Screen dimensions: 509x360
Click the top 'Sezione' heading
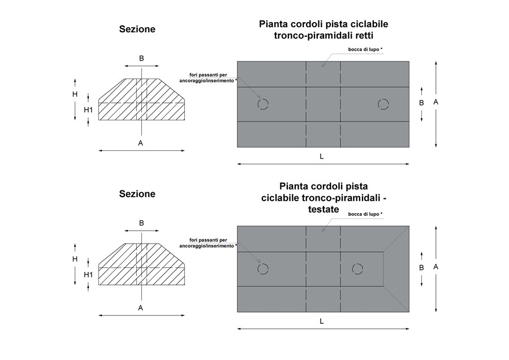tap(137, 29)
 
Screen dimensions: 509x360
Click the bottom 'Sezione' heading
tap(137, 194)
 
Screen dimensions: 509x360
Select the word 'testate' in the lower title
tap(323, 209)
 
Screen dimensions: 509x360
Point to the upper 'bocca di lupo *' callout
tap(365, 50)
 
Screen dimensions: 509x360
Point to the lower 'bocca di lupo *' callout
tap(365, 214)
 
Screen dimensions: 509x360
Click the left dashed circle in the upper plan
tap(263, 104)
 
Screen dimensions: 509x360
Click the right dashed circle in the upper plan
tap(383, 104)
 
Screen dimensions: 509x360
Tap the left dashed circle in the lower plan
tap(263, 269)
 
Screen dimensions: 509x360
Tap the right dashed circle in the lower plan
tap(357, 269)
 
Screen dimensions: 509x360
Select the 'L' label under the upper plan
tap(322, 157)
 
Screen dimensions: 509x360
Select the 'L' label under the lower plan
tap(322, 321)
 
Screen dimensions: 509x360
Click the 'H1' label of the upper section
tap(88, 110)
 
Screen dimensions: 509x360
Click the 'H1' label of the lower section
tap(88, 275)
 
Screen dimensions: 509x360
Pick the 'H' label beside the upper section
tap(75, 94)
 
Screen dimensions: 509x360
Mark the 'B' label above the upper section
tap(141, 58)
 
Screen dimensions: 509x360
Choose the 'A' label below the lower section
tap(141, 307)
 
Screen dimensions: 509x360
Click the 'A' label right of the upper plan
tap(435, 102)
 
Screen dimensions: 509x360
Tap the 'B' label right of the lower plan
tap(421, 267)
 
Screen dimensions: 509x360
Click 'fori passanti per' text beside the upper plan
tap(208, 75)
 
